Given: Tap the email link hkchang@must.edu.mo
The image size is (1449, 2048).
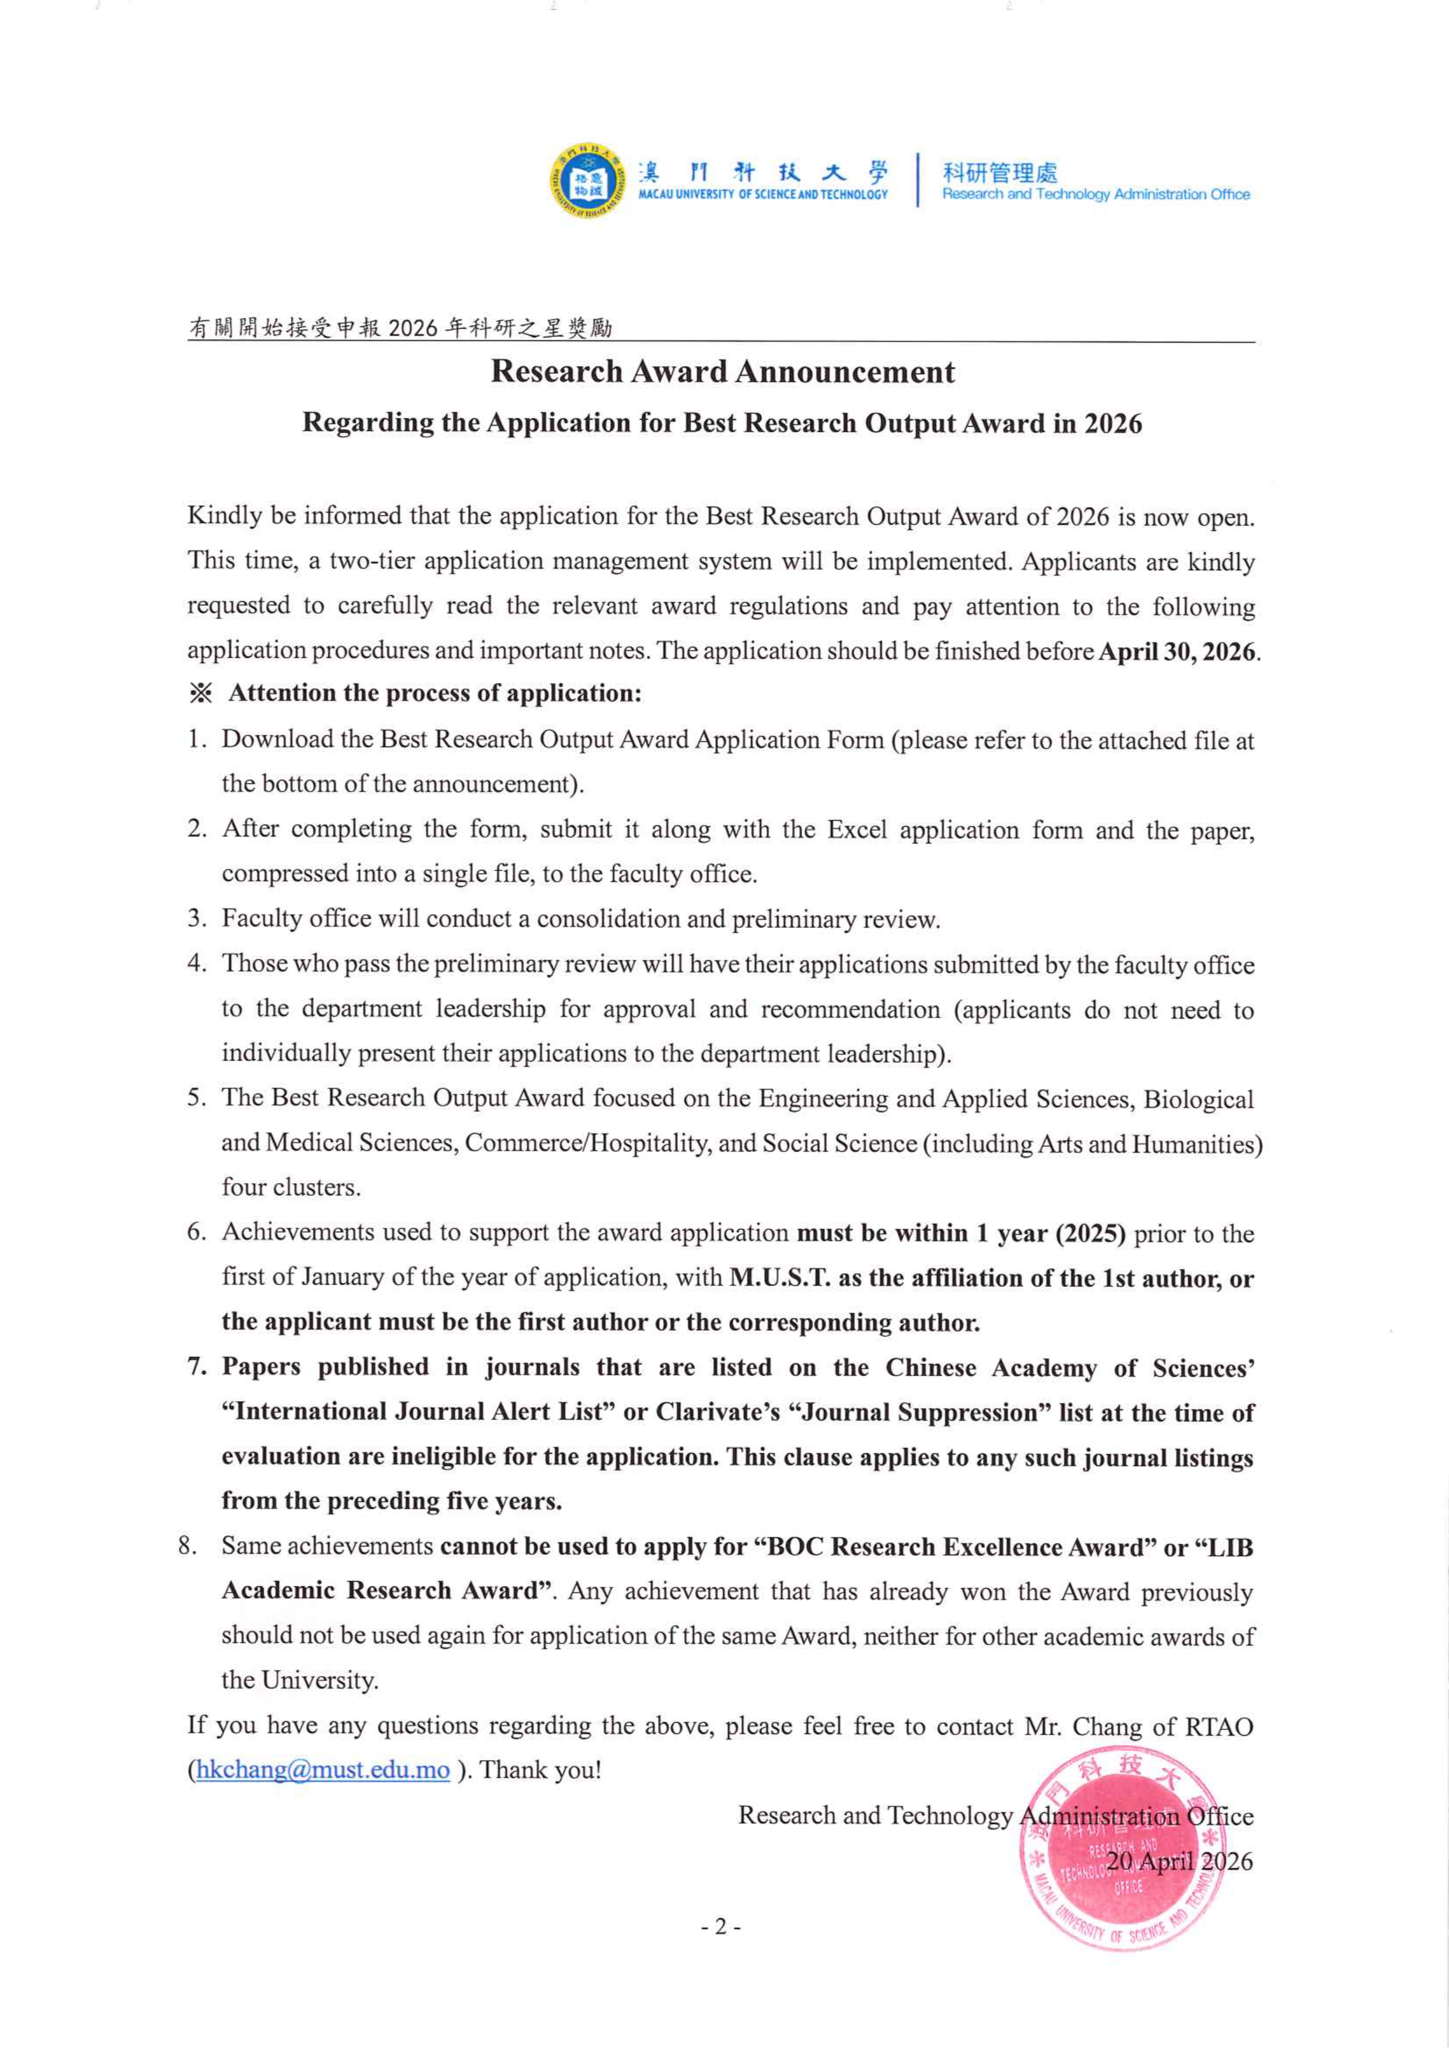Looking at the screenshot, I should [322, 1770].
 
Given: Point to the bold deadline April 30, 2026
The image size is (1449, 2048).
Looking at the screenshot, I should [1177, 652].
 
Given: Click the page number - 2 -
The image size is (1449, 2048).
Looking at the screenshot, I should [721, 1927].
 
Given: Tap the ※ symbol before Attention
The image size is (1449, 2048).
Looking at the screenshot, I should [201, 694].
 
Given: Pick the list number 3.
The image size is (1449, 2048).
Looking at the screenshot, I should [196, 919].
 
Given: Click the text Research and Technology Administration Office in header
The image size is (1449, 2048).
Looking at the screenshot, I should [1096, 194].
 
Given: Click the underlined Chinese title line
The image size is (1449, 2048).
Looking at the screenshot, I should [400, 328].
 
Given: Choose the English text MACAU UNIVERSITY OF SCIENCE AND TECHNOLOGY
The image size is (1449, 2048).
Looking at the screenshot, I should [763, 194].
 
